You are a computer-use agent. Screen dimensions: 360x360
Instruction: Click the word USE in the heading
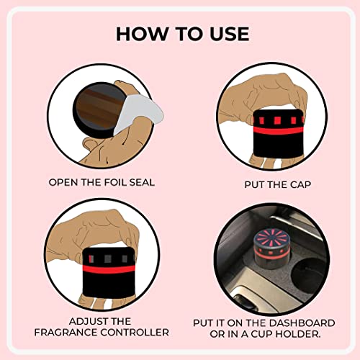(230, 34)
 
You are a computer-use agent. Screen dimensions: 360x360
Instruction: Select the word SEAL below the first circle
(142, 182)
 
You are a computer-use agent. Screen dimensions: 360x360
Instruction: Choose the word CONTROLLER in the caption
(135, 333)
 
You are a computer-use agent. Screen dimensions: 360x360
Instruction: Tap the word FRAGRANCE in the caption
(66, 333)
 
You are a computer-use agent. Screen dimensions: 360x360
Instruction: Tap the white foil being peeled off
(139, 113)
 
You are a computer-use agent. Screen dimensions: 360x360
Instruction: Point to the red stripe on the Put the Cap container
(279, 130)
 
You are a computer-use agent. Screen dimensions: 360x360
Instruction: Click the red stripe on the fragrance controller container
(109, 269)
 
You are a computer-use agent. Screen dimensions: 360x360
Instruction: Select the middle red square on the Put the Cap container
(278, 120)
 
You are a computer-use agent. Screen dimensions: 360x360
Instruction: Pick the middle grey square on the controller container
(108, 258)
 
